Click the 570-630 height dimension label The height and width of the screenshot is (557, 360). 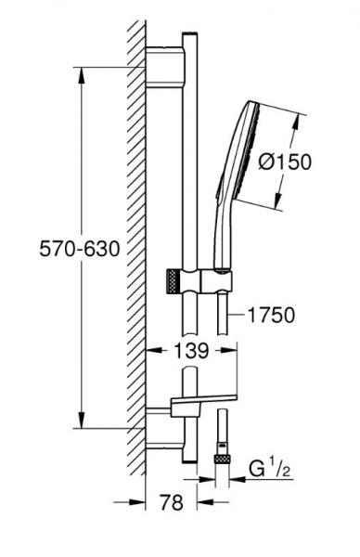80,249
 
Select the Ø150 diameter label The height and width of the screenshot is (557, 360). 285,162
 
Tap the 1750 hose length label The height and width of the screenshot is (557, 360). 271,315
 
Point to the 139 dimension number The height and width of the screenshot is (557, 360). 191,351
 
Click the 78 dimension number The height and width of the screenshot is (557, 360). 172,502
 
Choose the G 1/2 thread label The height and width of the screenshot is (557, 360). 270,469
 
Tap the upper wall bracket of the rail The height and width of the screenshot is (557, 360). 165,67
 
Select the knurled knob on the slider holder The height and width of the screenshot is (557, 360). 172,281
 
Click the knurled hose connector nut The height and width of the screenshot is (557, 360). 223,459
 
